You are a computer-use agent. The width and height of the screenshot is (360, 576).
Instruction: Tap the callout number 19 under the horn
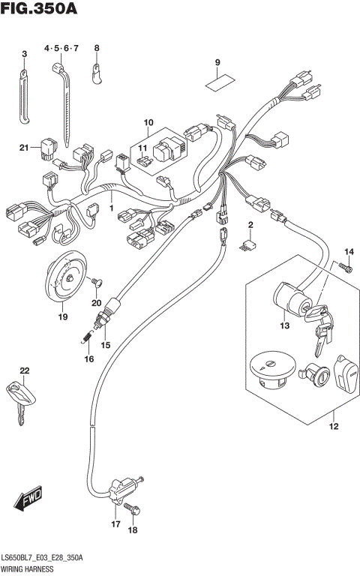[63, 317]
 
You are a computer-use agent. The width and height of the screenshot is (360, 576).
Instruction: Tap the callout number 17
[116, 524]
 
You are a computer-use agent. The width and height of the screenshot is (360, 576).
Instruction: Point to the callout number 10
[147, 122]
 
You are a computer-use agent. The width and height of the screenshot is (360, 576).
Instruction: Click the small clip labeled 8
[96, 72]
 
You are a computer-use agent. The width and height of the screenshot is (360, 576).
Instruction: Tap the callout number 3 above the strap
[24, 54]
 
